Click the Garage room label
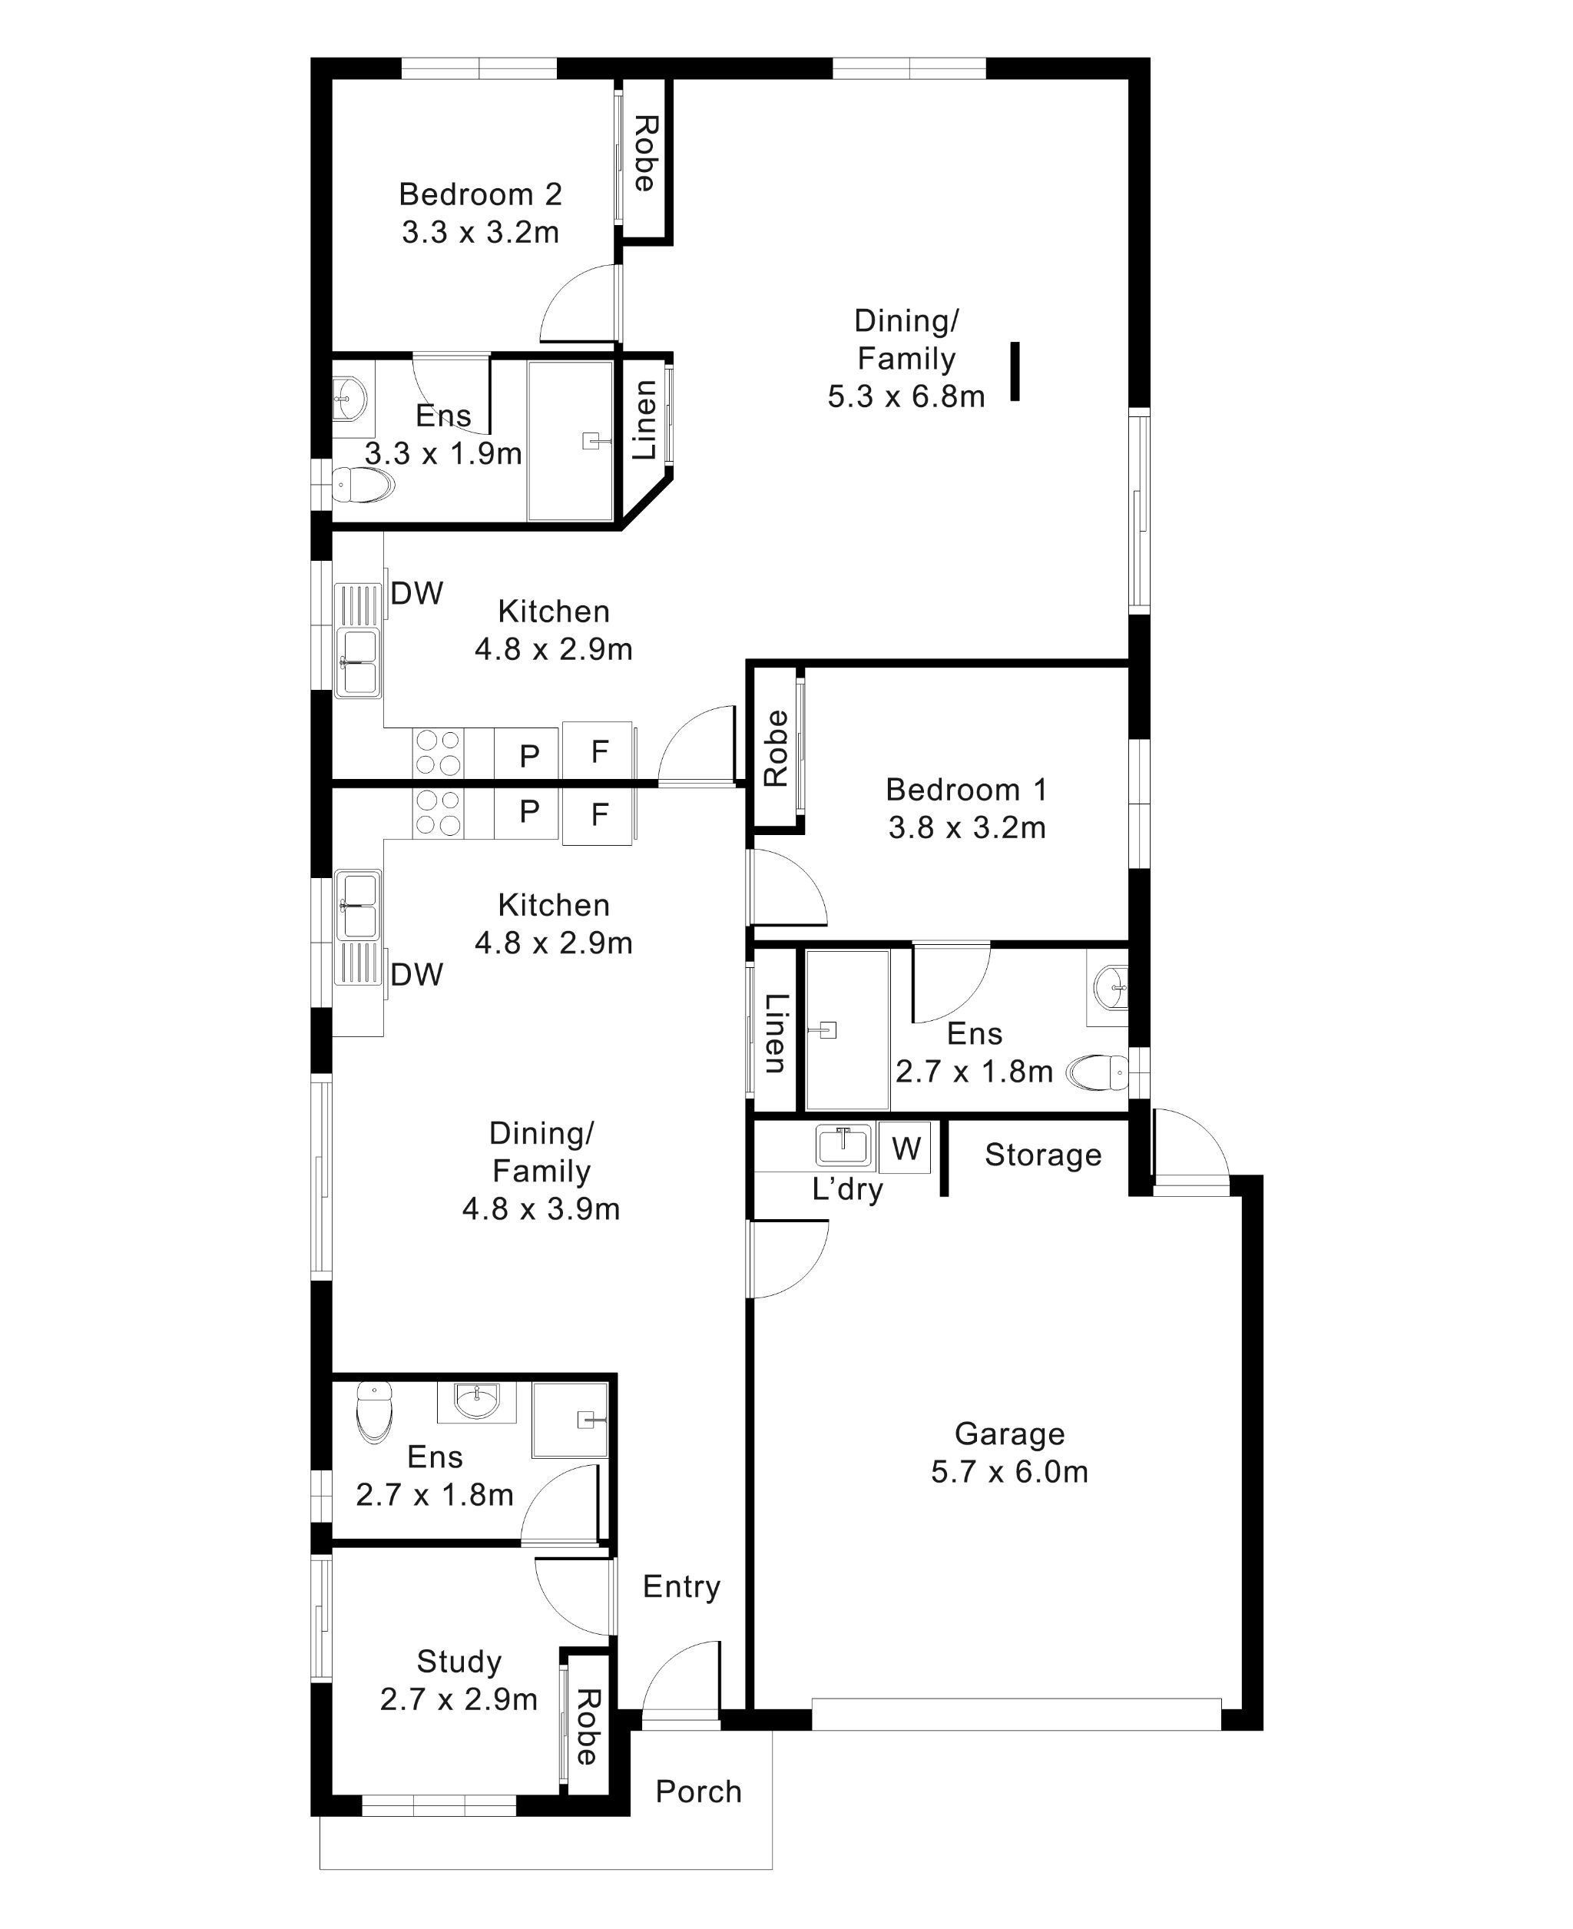point(1008,1433)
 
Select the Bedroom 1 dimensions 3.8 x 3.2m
point(967,827)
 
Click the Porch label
point(697,1791)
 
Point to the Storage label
point(1043,1155)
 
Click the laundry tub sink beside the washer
point(843,1145)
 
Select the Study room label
point(459,1661)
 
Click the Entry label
point(681,1586)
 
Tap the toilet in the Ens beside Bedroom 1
point(1099,1072)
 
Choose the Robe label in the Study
point(587,1727)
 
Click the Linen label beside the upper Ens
point(644,420)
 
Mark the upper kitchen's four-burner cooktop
point(439,753)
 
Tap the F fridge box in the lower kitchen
point(598,814)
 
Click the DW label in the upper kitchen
point(417,594)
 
